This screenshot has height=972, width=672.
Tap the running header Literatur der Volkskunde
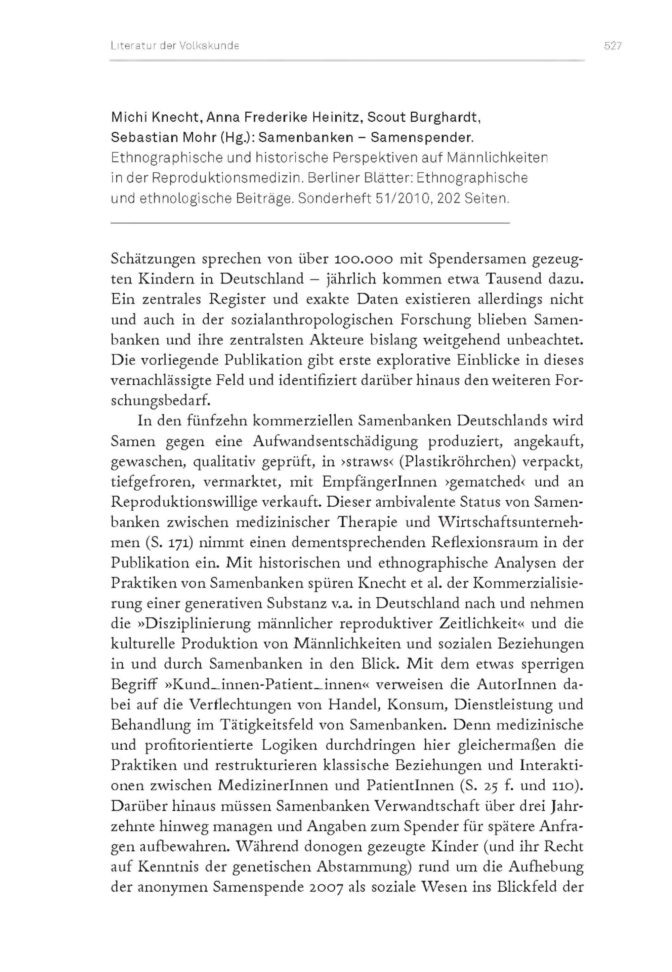tap(175, 46)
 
